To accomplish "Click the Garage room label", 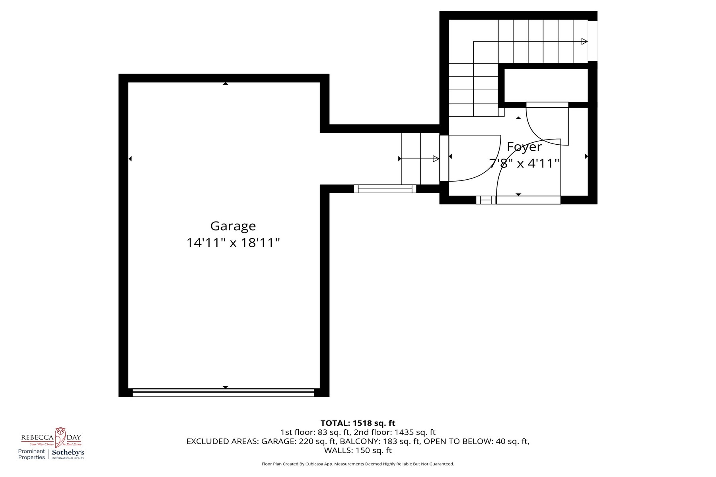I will [233, 226].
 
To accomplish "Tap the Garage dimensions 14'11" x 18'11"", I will [233, 242].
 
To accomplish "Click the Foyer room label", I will [524, 147].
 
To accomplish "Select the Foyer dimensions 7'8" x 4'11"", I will [524, 163].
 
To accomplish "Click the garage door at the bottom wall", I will [223, 392].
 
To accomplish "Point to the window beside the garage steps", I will [385, 189].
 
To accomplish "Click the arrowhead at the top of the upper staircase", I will [584, 41].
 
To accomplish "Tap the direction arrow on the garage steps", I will [436, 159].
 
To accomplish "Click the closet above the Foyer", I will [546, 85].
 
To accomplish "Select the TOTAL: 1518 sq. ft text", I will [358, 423].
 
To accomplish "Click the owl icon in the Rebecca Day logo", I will [60, 437].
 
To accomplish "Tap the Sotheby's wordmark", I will [68, 452].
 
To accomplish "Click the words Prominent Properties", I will [31, 454].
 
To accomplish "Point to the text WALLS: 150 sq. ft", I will [358, 450].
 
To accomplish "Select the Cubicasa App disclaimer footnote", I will [358, 464].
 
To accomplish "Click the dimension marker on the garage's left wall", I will [130, 159].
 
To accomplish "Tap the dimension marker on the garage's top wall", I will [226, 83].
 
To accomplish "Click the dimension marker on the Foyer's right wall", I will [586, 157].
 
